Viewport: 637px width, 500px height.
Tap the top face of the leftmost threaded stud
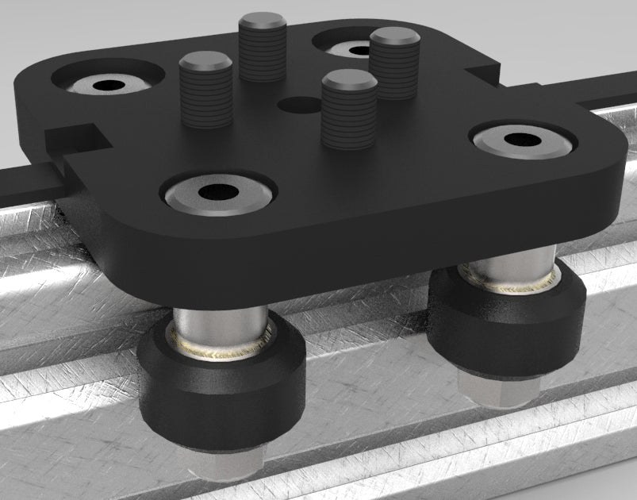point(205,60)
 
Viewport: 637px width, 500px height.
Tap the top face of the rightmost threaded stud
point(395,36)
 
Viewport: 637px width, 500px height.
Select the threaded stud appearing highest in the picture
point(263,48)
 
